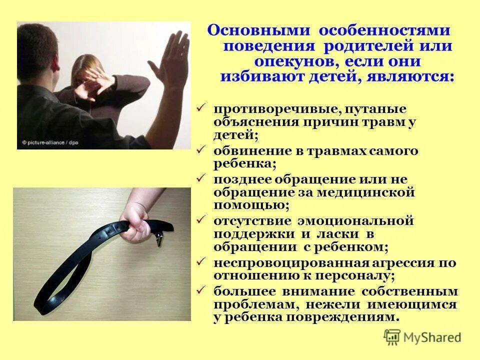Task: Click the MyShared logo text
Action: tap(432, 337)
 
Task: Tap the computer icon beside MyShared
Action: tap(393, 336)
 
